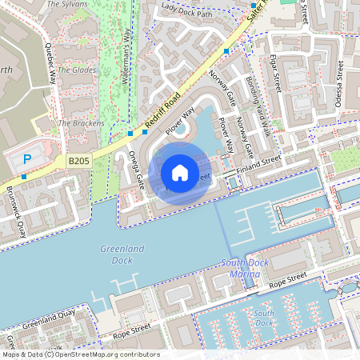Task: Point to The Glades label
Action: (78, 70)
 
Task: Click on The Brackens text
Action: (81, 123)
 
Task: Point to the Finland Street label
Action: (259, 161)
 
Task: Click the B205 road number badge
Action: (78, 161)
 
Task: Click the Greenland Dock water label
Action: (122, 254)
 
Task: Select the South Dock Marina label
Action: (240, 269)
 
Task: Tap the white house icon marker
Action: (180, 172)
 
